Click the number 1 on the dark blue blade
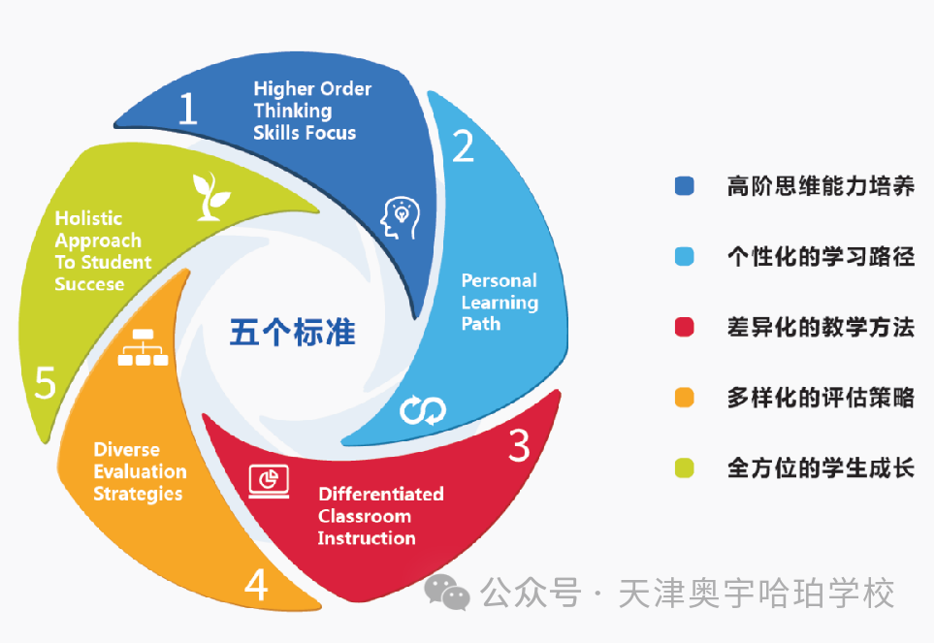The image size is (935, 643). tap(188, 108)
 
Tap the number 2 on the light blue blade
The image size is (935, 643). tap(464, 146)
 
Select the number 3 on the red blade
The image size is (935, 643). tap(519, 445)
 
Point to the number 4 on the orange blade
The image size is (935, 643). tap(256, 585)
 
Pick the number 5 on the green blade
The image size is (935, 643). tap(46, 382)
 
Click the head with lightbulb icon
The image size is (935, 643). tap(401, 218)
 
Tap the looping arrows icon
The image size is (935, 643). tap(423, 410)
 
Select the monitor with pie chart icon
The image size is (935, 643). tap(269, 481)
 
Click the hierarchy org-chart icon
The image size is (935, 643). tap(144, 347)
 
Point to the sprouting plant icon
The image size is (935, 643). tap(210, 197)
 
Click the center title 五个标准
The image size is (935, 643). tap(293, 333)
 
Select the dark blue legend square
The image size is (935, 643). tap(685, 186)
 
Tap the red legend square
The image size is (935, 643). tap(685, 327)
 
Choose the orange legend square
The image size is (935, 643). tap(685, 398)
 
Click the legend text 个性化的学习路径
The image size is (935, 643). tap(821, 256)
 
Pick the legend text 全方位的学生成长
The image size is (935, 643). tap(821, 468)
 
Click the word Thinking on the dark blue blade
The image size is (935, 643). tap(293, 111)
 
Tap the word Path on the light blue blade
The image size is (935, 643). tap(481, 324)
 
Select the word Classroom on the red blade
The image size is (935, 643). tap(365, 516)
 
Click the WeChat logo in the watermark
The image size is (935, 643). tap(446, 593)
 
